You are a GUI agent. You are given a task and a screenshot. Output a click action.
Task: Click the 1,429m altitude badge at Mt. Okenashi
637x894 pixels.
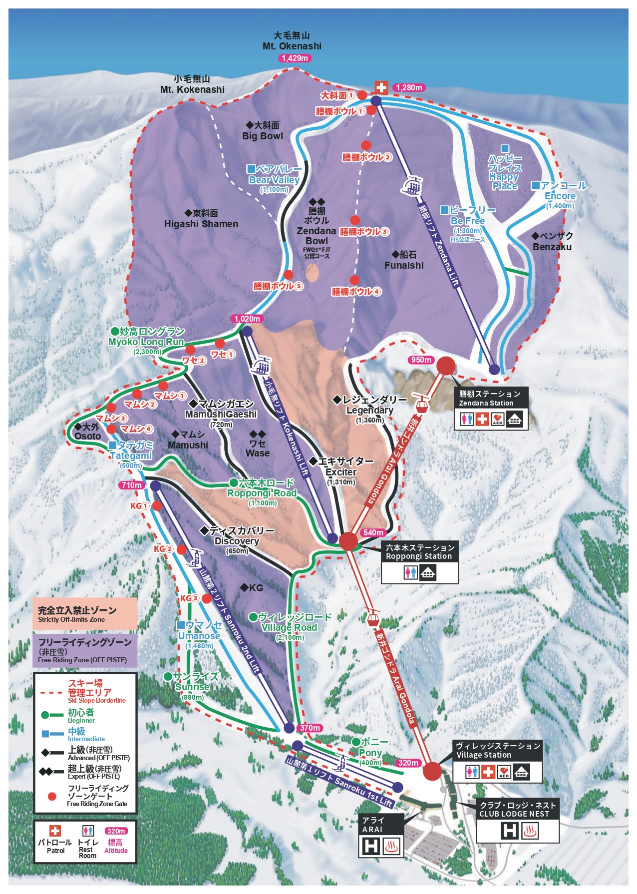click(295, 58)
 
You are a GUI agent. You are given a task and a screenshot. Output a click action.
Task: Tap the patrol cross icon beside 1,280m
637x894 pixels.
click(381, 87)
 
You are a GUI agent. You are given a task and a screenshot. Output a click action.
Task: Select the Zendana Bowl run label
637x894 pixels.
click(317, 231)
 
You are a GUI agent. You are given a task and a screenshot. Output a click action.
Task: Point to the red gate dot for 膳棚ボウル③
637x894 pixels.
click(355, 220)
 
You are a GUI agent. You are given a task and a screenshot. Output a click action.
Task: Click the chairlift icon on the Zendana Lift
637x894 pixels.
click(412, 185)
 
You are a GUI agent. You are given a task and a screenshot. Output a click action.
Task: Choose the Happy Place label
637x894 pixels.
click(505, 172)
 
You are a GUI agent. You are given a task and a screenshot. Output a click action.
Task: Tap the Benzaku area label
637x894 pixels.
click(552, 241)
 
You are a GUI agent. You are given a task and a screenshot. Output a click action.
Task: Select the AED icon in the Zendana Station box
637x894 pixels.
click(498, 419)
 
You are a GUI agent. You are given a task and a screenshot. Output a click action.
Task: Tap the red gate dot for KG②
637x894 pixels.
click(182, 549)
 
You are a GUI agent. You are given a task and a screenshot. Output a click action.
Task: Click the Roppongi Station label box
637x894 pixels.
click(419, 552)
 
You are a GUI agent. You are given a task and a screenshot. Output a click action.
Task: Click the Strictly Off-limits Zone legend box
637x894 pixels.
click(85, 614)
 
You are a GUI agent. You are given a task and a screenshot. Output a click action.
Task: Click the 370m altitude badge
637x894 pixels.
click(310, 728)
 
